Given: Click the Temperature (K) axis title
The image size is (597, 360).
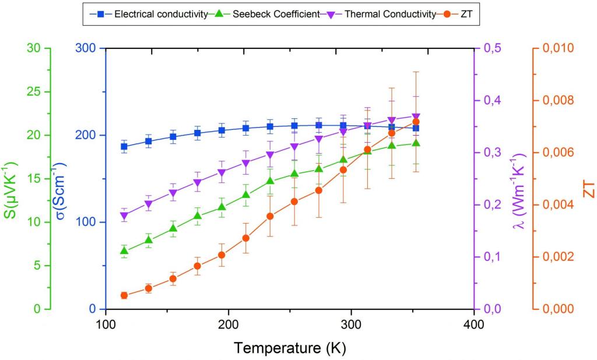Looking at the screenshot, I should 290,348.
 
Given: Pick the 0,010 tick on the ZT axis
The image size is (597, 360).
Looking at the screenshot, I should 559,48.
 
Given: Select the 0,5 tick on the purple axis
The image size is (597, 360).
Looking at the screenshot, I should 495,48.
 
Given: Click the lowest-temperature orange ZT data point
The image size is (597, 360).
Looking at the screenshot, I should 124,295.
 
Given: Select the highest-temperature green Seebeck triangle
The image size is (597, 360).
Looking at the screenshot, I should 416,143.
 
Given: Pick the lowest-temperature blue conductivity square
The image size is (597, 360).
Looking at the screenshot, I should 124,146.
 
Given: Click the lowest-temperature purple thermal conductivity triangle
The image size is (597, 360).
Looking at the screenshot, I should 124,216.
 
